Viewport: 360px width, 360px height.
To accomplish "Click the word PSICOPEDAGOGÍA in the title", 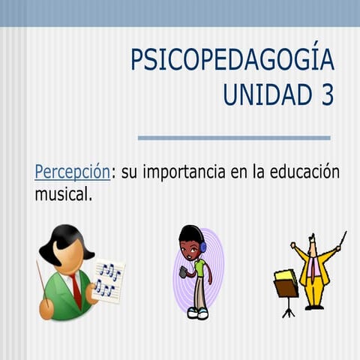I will (x=232, y=60).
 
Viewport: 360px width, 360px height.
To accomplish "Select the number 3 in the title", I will (x=327, y=96).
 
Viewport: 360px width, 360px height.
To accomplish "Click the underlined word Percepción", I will (x=72, y=172).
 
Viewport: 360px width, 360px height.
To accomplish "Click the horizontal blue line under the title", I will (x=234, y=138).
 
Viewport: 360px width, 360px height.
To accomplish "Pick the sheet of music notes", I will (x=108, y=280).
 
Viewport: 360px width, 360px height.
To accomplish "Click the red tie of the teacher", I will (x=76, y=289).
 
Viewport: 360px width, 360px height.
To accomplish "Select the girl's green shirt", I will (x=199, y=268).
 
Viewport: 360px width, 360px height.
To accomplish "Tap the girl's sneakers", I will (x=197, y=312).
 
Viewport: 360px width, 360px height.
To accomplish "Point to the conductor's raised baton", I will (x=342, y=239).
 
